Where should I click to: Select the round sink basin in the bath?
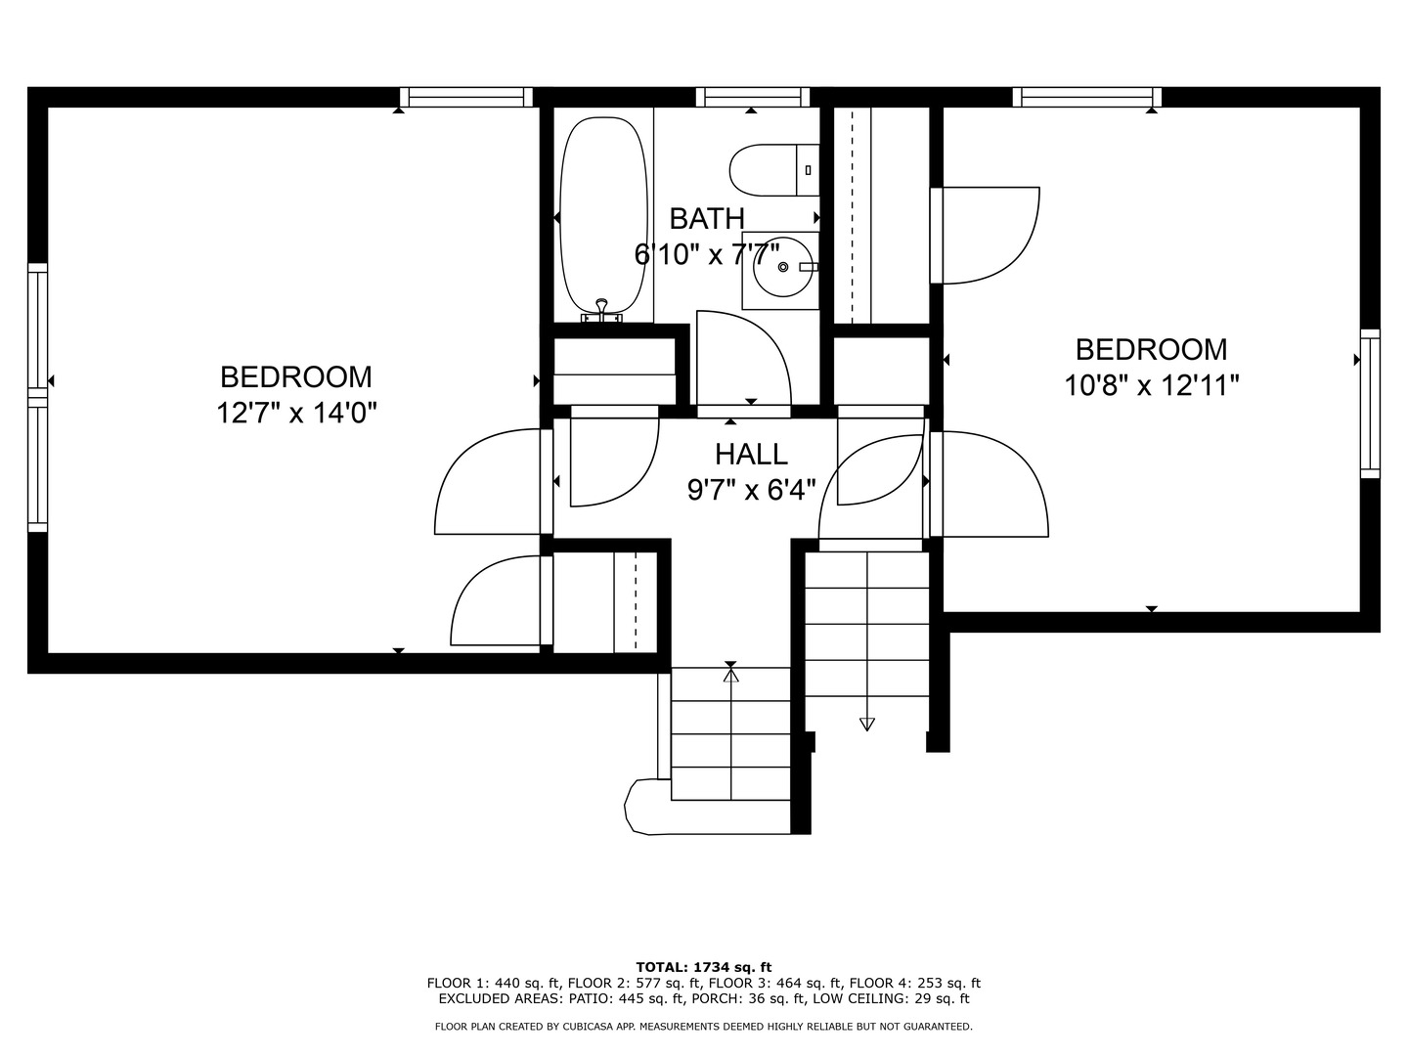(781, 269)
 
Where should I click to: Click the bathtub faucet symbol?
(602, 310)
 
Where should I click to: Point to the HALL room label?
(751, 454)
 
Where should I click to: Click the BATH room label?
(707, 218)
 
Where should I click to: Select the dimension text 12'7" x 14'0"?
(296, 413)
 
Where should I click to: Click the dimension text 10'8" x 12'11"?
(1151, 385)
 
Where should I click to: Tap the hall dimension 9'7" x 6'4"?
(751, 489)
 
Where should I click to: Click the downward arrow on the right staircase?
(866, 724)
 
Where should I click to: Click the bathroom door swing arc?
(753, 352)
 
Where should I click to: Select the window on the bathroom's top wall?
(752, 97)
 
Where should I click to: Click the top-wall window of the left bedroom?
(466, 97)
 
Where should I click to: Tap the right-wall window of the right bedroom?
(1370, 403)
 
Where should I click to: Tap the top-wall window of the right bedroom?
(1086, 97)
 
